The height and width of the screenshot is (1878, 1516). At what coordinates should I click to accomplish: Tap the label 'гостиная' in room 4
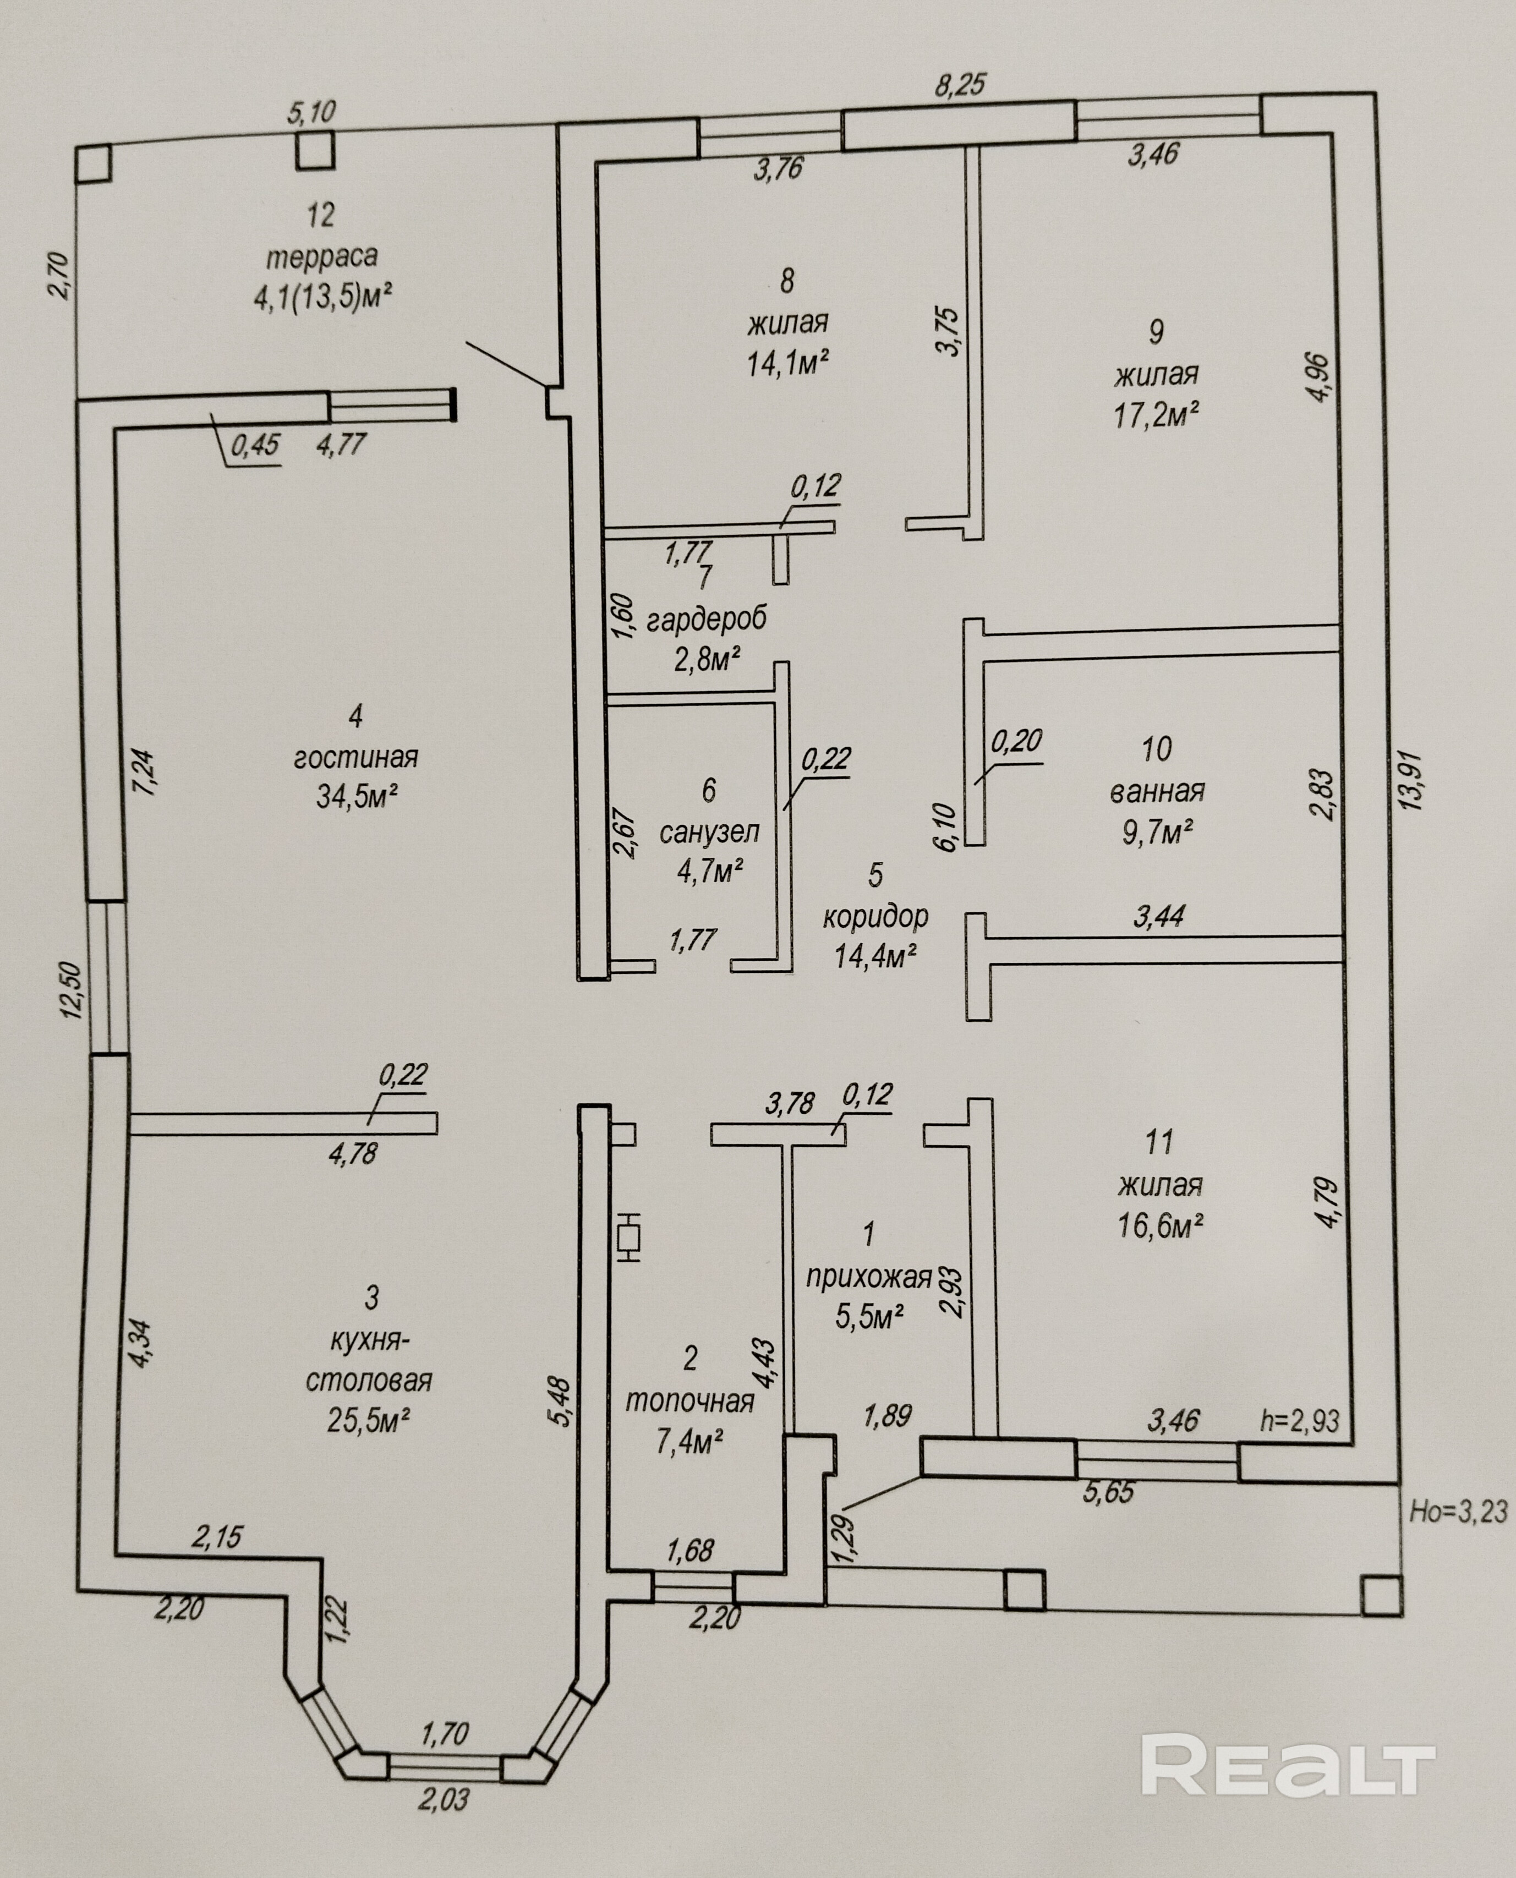[x=355, y=757]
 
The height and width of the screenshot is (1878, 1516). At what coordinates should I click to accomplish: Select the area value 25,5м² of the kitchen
[x=369, y=1421]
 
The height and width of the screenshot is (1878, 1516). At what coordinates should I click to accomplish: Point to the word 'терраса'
[x=321, y=256]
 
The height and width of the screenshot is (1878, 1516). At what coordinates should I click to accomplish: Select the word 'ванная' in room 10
[x=1157, y=792]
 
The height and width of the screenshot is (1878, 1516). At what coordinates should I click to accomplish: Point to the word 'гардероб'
[x=707, y=619]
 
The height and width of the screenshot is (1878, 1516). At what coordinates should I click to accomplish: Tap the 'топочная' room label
[x=690, y=1402]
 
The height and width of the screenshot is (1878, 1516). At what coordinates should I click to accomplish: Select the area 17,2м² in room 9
[x=1154, y=415]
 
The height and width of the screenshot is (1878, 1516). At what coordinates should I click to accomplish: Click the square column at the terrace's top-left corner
[x=92, y=162]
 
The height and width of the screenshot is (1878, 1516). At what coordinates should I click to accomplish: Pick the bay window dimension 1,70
[x=445, y=1709]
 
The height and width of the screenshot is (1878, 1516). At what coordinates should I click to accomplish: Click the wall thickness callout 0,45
[x=254, y=445]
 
